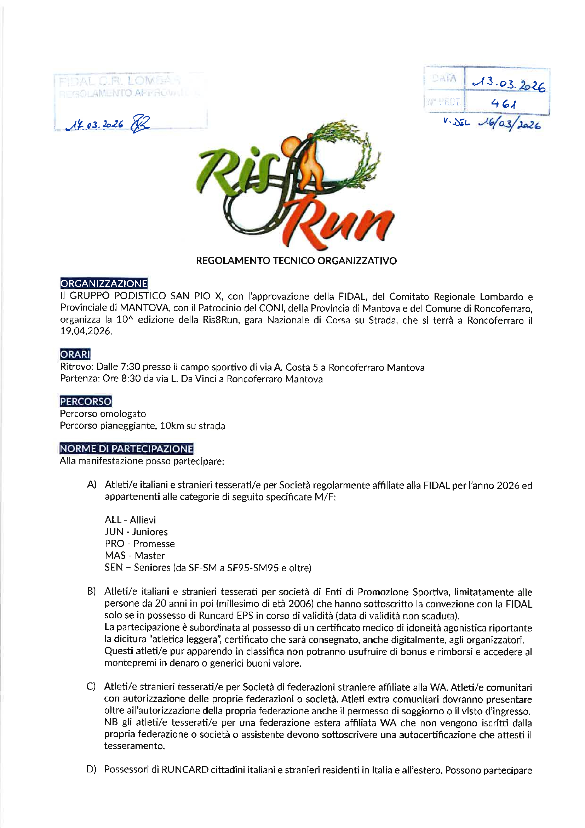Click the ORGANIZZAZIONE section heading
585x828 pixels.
click(104, 283)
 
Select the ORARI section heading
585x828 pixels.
click(75, 354)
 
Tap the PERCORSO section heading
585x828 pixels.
click(86, 401)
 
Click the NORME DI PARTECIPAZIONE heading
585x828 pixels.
click(126, 449)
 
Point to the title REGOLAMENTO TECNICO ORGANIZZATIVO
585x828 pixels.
click(296, 261)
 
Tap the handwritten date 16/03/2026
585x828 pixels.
click(509, 125)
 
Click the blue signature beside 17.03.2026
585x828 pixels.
click(140, 124)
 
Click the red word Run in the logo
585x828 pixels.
click(339, 223)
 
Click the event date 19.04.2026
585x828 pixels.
click(86, 331)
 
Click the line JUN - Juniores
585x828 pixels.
click(136, 532)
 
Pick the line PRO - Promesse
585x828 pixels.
click(140, 544)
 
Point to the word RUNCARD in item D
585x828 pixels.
click(185, 770)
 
